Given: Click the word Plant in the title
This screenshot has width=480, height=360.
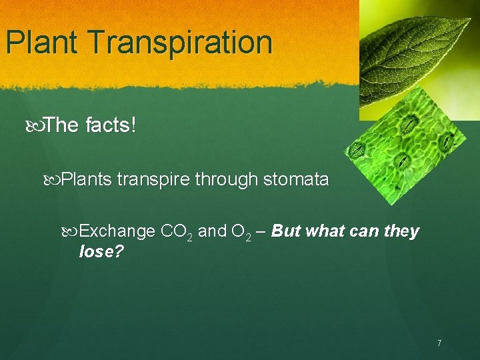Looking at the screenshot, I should [43, 43].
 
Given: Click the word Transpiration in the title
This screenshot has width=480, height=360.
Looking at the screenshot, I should [179, 43].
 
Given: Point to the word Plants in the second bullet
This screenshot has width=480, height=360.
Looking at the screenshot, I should [87, 179].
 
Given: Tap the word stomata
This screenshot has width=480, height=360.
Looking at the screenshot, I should [297, 179].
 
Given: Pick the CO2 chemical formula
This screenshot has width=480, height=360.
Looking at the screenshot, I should [177, 233].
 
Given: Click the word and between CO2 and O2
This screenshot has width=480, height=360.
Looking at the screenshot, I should [213, 232].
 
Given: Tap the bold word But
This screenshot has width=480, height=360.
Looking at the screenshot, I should [287, 232].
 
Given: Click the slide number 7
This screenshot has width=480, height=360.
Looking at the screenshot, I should [439, 343].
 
